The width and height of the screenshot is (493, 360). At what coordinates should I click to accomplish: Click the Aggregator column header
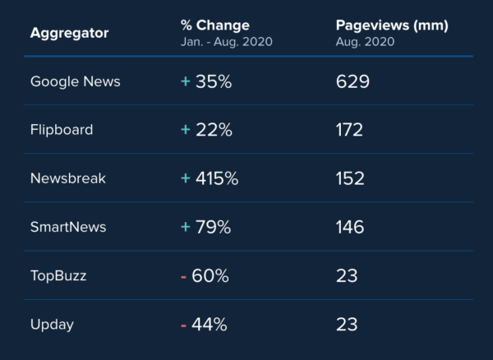click(x=69, y=34)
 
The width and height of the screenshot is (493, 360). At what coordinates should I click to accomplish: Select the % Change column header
click(x=214, y=25)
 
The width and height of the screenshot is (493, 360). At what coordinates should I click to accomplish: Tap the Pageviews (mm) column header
click(x=392, y=25)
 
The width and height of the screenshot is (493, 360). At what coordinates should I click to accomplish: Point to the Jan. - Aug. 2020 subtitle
click(x=226, y=41)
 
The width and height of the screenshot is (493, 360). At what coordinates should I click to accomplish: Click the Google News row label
click(x=75, y=81)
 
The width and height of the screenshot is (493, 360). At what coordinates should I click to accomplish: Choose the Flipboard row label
click(x=62, y=130)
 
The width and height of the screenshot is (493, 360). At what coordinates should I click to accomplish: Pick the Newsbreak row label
click(x=68, y=178)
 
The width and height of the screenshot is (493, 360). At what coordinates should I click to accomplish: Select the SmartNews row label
click(x=68, y=227)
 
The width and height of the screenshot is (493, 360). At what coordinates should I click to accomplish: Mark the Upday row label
click(x=52, y=325)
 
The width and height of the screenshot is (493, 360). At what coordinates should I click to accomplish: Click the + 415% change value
click(x=210, y=178)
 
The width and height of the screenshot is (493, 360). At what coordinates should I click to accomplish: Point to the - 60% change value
click(x=205, y=276)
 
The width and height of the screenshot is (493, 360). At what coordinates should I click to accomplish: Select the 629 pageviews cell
click(x=352, y=81)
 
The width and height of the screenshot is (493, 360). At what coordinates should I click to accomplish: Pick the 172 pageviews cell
click(x=349, y=130)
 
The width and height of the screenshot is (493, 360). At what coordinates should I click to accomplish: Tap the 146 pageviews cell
click(x=350, y=227)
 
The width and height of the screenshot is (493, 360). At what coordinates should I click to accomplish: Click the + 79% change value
click(x=205, y=227)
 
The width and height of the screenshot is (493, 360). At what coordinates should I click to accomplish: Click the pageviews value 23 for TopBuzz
click(x=347, y=276)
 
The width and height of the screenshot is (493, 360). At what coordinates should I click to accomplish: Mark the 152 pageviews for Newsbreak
click(x=350, y=178)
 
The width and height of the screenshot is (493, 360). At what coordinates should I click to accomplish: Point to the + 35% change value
click(x=205, y=81)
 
